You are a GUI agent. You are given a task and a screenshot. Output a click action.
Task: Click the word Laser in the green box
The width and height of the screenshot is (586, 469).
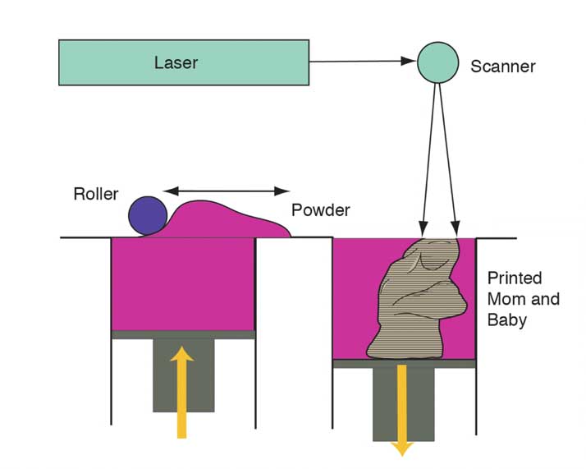click(176, 62)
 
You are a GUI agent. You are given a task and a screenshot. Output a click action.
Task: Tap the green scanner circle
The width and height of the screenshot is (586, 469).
click(438, 62)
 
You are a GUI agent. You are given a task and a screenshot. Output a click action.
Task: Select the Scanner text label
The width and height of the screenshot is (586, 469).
click(502, 67)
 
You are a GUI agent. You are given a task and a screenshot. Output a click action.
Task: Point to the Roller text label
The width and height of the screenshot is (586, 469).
click(96, 195)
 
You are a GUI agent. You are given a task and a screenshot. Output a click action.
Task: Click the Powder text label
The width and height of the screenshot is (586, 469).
click(321, 210)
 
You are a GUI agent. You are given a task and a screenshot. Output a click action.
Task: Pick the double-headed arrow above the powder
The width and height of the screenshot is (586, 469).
click(227, 191)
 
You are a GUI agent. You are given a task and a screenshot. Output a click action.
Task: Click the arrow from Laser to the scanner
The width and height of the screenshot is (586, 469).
click(361, 61)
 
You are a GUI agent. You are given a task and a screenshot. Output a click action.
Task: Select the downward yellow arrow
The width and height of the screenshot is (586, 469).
click(402, 411)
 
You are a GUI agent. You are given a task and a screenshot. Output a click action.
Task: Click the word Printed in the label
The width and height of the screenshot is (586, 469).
click(515, 278)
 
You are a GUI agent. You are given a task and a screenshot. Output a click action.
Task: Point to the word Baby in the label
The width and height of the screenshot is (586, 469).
click(506, 320)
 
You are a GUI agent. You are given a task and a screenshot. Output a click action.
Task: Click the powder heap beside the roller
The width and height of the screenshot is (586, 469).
click(222, 220)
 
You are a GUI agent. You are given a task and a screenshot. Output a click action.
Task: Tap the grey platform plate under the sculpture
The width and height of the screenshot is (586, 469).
click(404, 363)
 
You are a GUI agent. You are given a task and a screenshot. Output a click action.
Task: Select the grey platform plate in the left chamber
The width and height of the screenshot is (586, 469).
click(183, 334)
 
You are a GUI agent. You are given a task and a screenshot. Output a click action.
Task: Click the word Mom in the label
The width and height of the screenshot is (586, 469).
click(503, 299)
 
